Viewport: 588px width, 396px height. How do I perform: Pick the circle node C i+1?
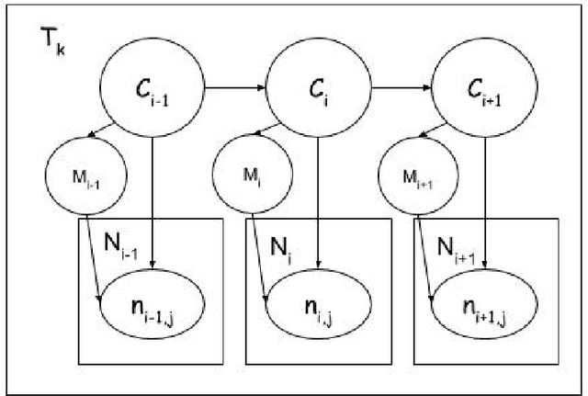[483, 89]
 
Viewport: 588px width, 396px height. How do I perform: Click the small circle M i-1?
[83, 172]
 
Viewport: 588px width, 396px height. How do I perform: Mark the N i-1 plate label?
[121, 243]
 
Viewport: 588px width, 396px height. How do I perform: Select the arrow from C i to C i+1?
[400, 89]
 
